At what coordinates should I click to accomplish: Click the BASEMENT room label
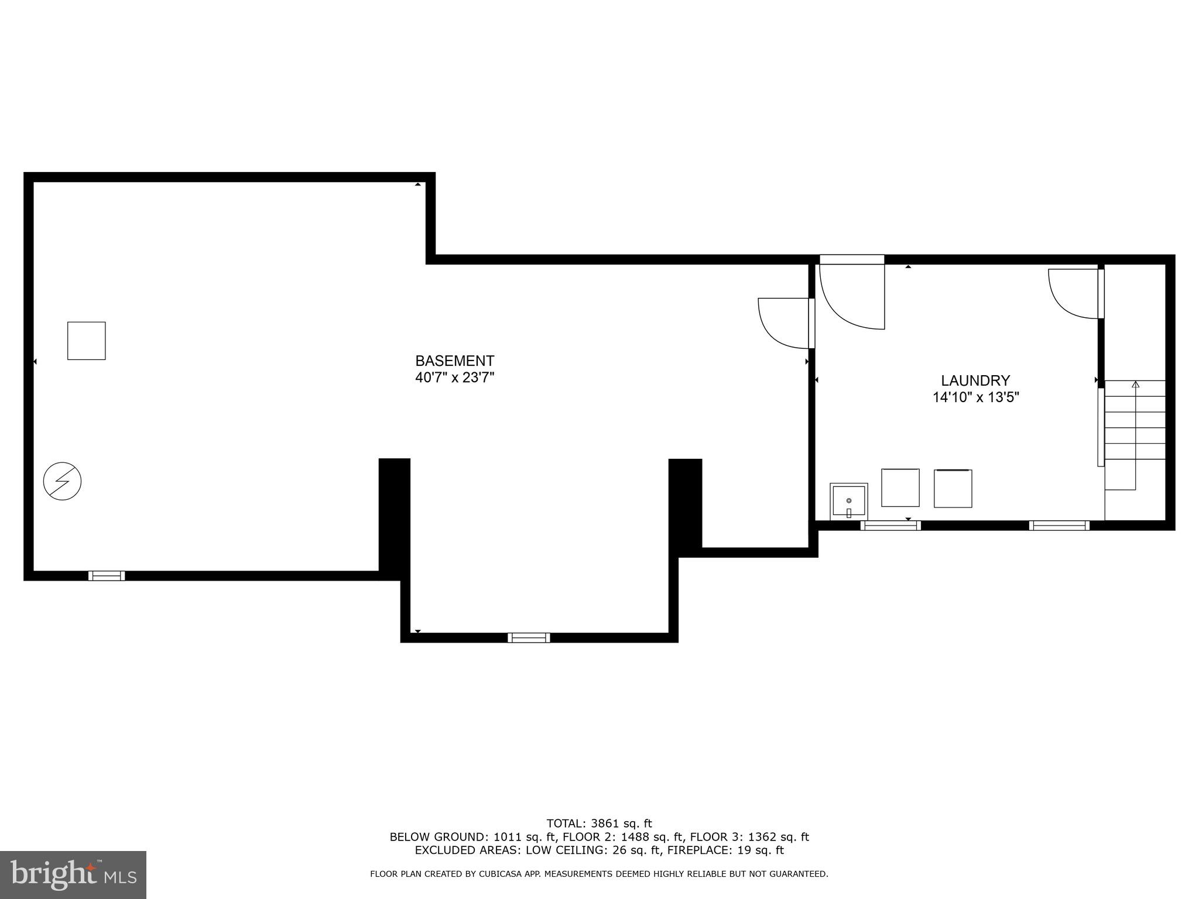pos(454,361)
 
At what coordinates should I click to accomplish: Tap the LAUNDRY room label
pos(975,380)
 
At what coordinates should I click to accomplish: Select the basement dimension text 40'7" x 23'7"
pos(454,378)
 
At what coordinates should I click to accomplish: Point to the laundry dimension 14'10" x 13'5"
pos(975,397)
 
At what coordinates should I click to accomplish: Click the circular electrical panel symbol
pos(62,481)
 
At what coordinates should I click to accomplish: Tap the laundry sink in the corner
pos(848,502)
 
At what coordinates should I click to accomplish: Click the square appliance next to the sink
pos(900,488)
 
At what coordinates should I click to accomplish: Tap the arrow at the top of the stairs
pos(1136,385)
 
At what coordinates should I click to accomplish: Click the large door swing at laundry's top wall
pos(852,296)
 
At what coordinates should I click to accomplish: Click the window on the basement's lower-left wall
pos(107,575)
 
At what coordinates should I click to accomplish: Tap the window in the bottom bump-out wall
pos(529,637)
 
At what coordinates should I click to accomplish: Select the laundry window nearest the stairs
pos(1059,525)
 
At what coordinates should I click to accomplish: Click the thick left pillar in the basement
pos(394,515)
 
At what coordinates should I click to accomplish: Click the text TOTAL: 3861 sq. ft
pos(599,823)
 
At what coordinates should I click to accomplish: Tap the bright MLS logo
pos(73,874)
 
